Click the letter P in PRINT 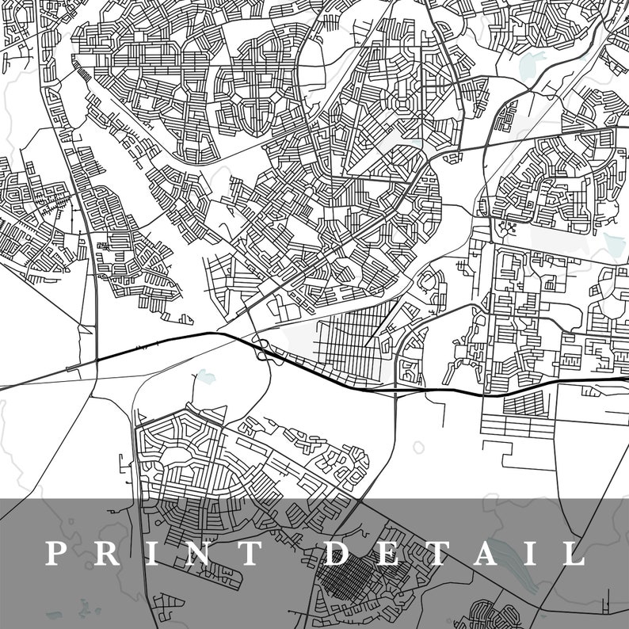pyautogui.click(x=55, y=553)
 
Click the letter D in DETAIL pyautogui.click(x=338, y=553)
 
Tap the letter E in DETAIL pyautogui.click(x=390, y=553)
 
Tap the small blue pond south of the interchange pyautogui.click(x=205, y=376)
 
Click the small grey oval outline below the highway pyautogui.click(x=418, y=448)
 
